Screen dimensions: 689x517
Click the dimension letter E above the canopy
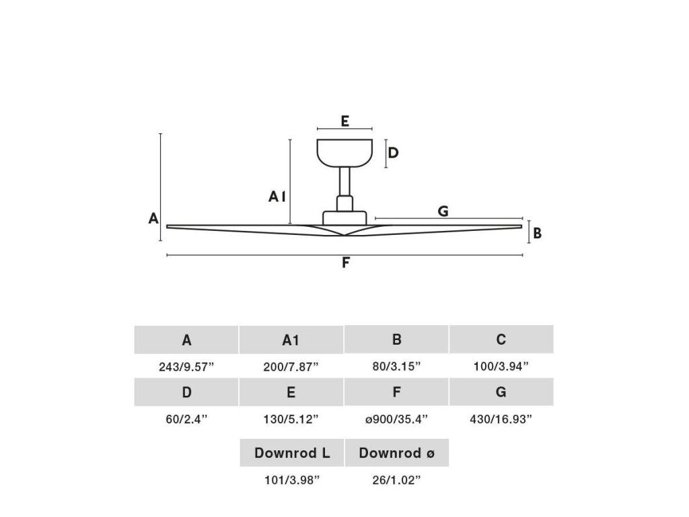click(x=344, y=121)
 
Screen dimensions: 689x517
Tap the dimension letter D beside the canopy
click(x=394, y=153)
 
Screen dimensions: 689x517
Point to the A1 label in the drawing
click(x=278, y=197)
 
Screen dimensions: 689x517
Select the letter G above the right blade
click(x=443, y=211)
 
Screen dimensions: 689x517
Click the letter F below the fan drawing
click(x=345, y=263)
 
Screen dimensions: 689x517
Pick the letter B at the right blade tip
click(x=538, y=234)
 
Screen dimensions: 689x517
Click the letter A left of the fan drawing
click(x=153, y=218)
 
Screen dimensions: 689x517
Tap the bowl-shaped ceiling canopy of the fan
click(x=344, y=152)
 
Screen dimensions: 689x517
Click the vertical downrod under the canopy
click(x=344, y=181)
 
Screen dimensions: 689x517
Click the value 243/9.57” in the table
click(x=186, y=367)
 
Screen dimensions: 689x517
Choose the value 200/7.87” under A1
click(x=291, y=367)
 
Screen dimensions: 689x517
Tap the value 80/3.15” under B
click(x=396, y=367)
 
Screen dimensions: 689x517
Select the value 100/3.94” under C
click(x=501, y=367)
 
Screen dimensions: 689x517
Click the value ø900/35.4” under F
click(x=396, y=419)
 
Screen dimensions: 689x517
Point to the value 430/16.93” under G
click(x=501, y=419)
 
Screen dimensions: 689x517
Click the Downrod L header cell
click(x=292, y=453)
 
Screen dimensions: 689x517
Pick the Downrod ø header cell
click(x=396, y=453)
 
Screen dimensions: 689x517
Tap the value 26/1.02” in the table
click(x=396, y=480)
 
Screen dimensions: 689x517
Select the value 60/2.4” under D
click(x=186, y=419)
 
